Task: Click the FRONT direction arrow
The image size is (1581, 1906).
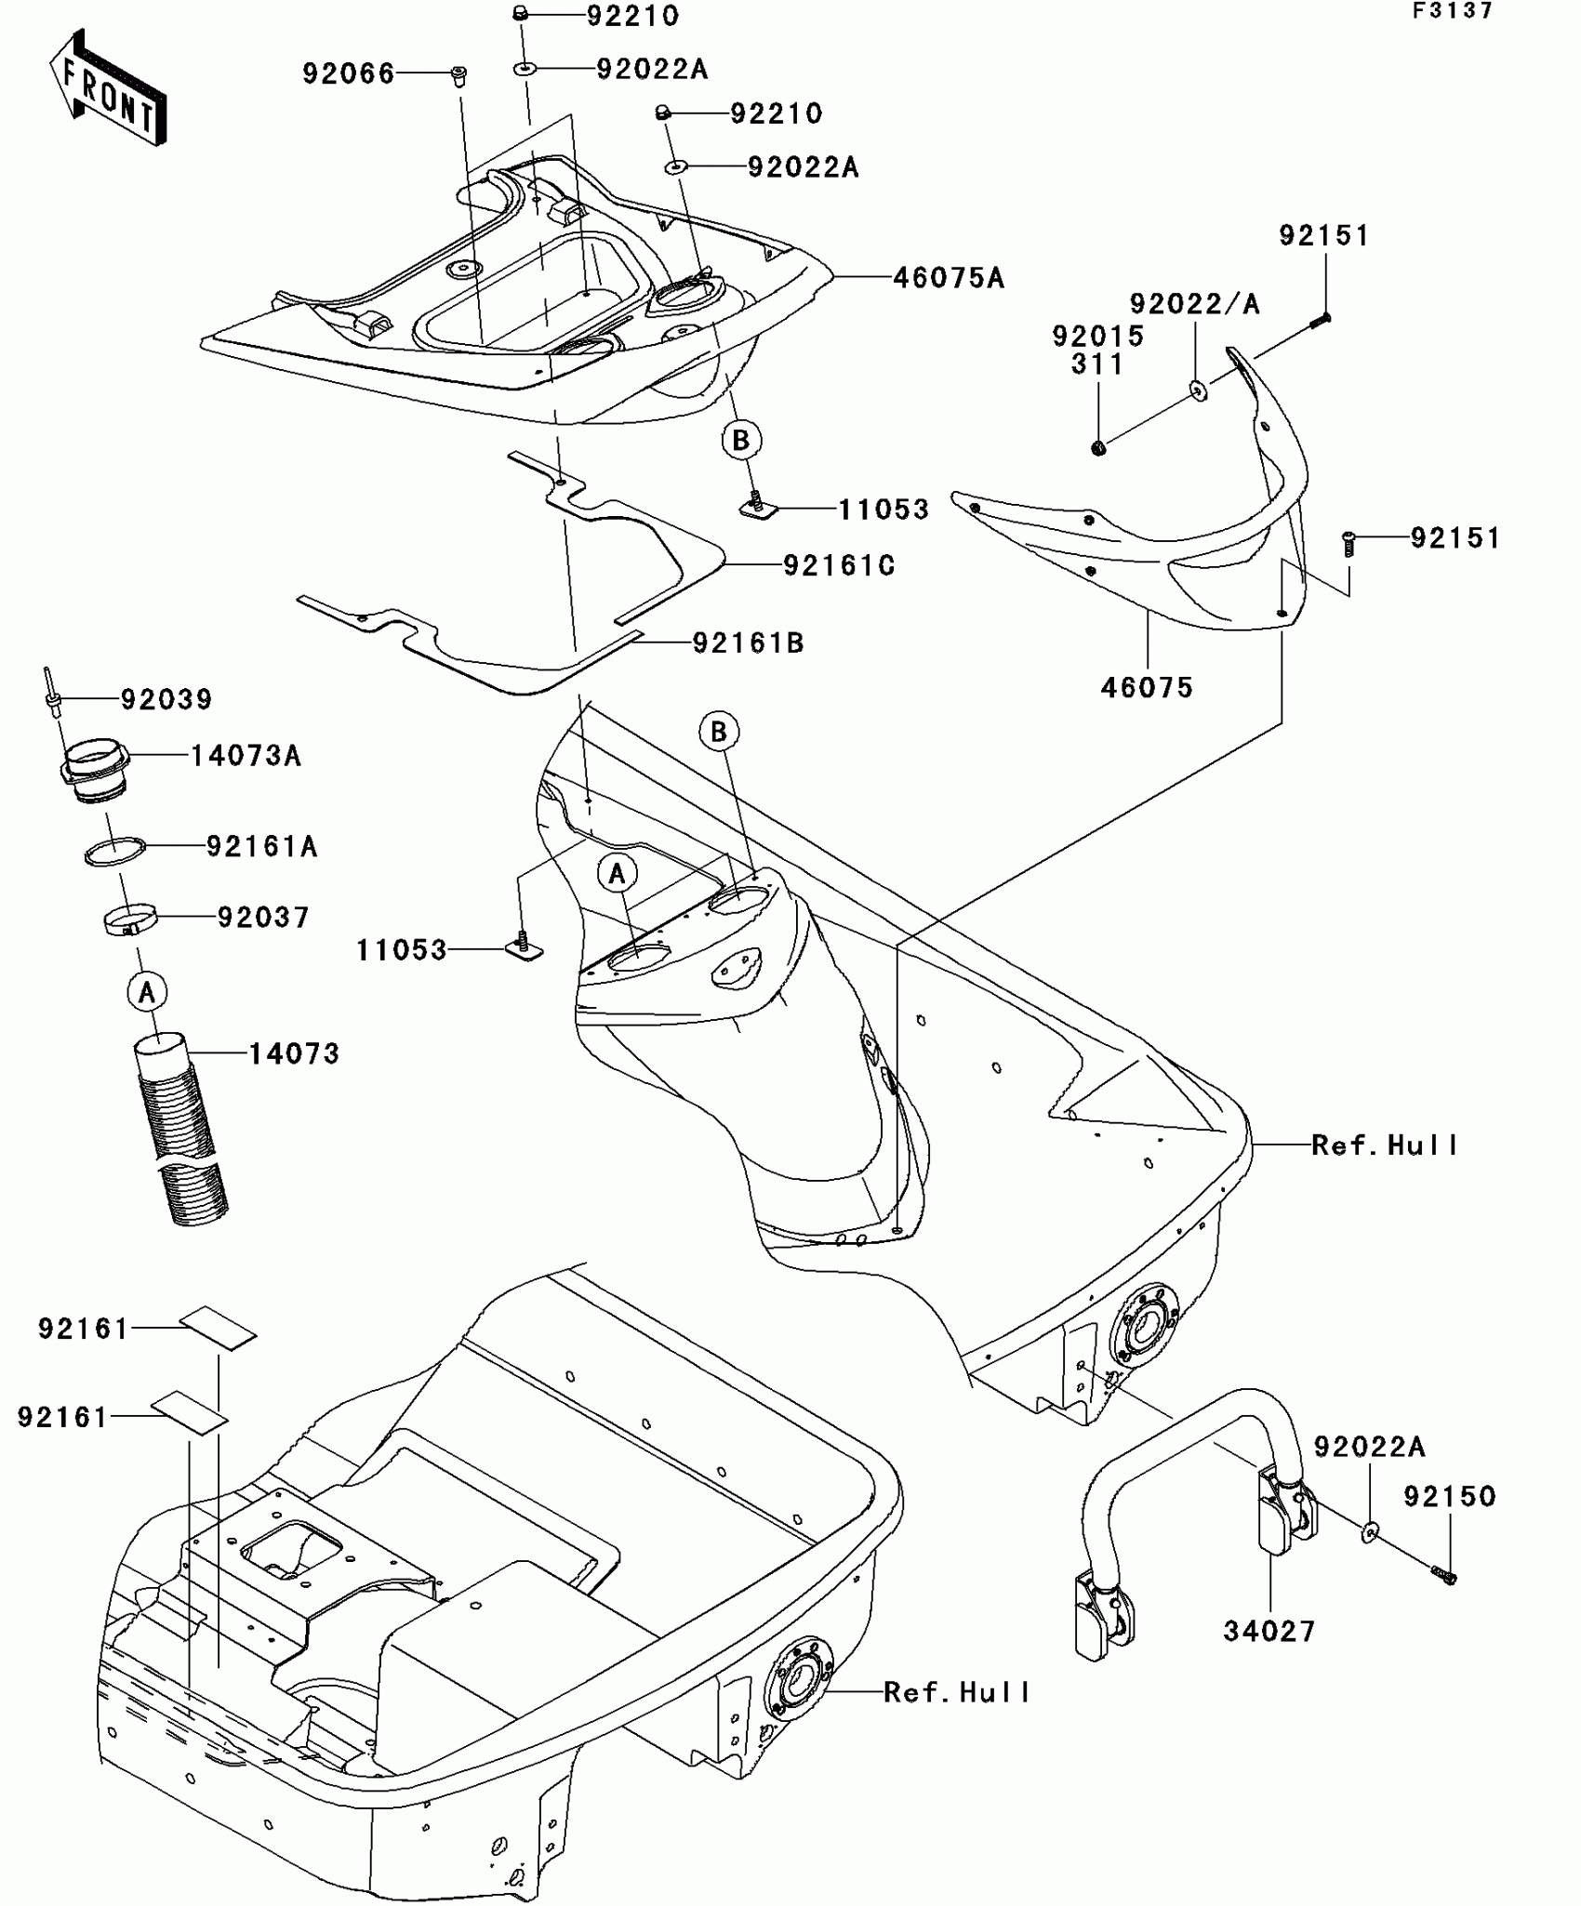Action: point(107,88)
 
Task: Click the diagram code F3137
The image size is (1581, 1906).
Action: point(1453,11)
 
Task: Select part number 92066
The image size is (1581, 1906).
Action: point(348,74)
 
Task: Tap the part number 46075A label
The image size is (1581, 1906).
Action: point(949,278)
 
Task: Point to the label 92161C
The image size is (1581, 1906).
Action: point(839,566)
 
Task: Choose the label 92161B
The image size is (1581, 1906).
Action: point(748,643)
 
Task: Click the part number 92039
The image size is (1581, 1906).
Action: point(166,699)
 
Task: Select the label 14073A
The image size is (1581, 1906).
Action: point(246,756)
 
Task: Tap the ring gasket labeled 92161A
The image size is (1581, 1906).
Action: point(115,852)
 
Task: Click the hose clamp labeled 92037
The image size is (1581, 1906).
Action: point(129,920)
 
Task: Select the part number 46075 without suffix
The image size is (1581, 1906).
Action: point(1147,688)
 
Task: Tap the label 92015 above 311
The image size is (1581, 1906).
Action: point(1098,337)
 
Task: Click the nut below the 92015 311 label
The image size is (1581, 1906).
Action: point(1098,449)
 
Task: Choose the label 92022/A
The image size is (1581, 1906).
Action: point(1195,305)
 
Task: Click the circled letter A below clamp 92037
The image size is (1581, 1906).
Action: point(147,993)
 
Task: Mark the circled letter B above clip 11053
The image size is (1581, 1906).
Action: point(741,440)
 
